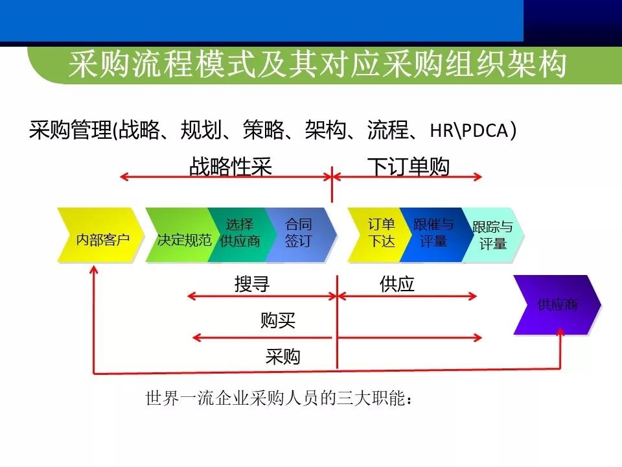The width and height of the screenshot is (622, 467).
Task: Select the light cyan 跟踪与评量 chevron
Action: click(492, 235)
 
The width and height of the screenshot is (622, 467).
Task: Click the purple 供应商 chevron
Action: click(557, 304)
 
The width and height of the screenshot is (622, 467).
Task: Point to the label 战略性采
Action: click(230, 167)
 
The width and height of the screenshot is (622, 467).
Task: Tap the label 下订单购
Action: click(409, 167)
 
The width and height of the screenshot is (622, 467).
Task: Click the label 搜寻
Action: click(252, 284)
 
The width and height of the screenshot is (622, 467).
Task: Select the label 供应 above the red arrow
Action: click(397, 284)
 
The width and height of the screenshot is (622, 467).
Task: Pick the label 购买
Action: click(278, 320)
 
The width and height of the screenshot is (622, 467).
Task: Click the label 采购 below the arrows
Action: click(282, 356)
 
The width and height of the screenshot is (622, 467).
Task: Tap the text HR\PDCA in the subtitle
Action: click(473, 130)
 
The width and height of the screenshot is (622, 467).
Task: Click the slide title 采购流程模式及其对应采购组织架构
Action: click(317, 65)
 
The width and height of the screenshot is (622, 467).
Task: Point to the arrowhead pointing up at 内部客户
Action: click(95, 271)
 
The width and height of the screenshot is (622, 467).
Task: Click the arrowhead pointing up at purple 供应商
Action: click(560, 331)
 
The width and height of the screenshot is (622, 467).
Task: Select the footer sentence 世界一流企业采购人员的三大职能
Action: click(280, 398)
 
